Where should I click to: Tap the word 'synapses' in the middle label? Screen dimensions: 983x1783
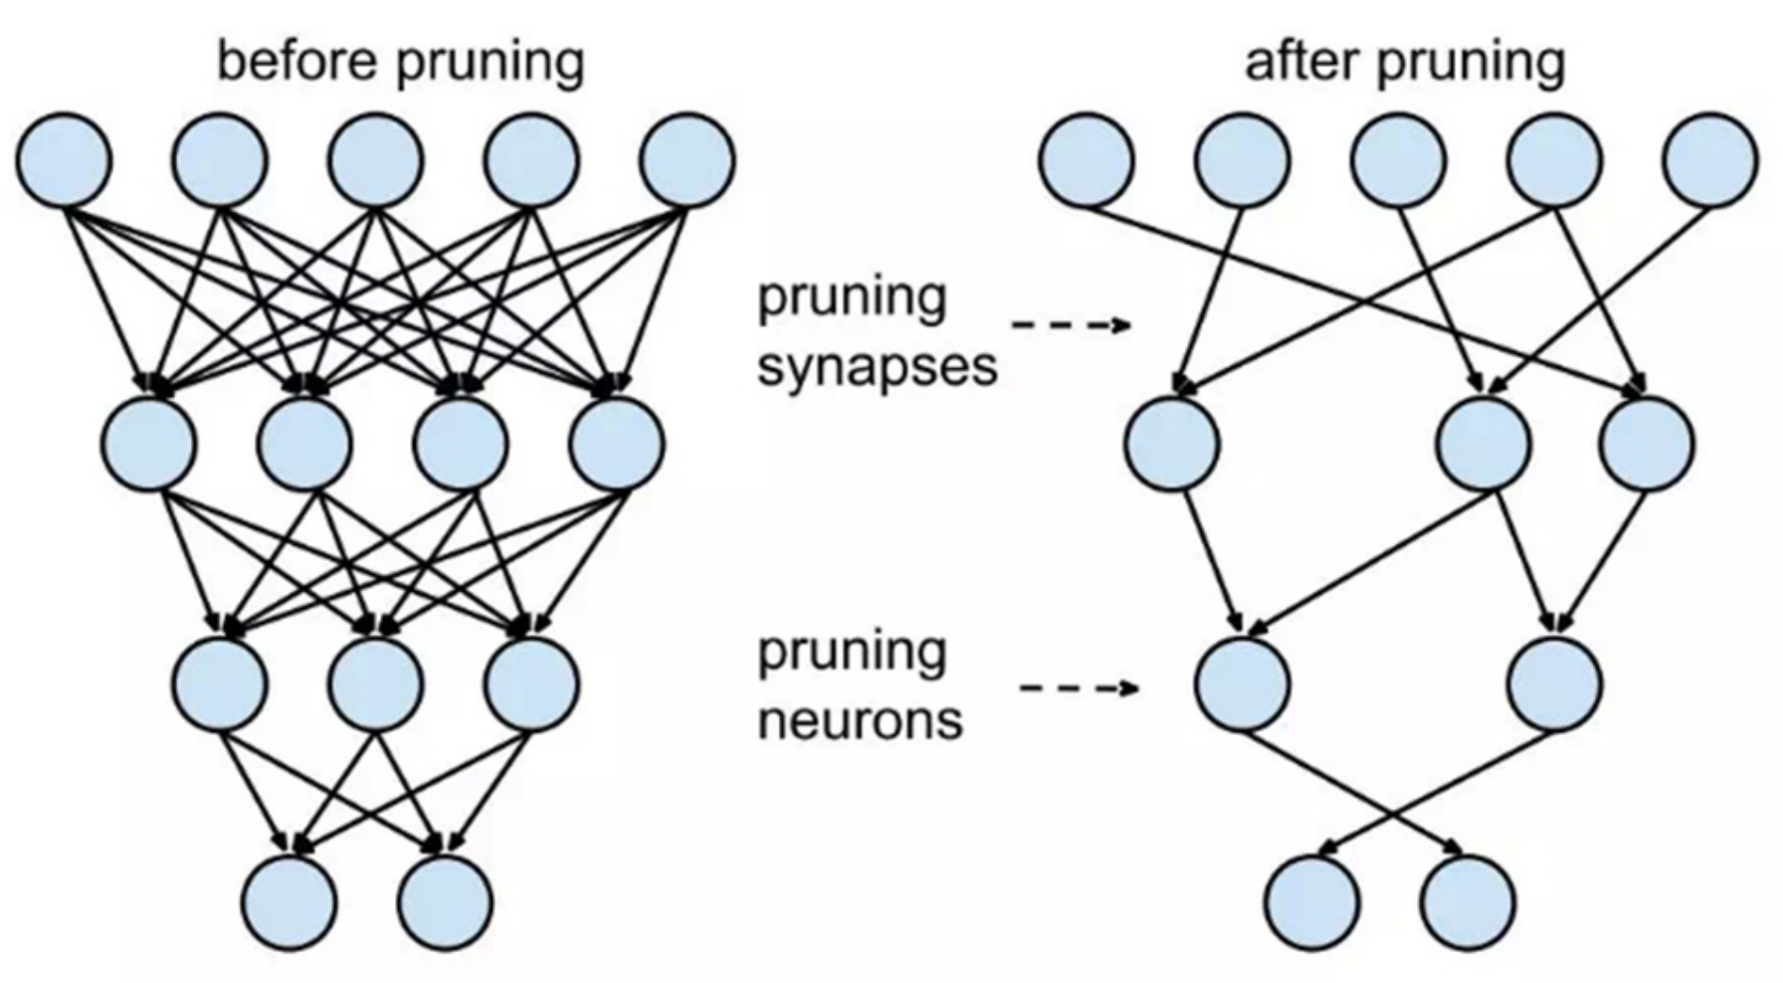point(877,367)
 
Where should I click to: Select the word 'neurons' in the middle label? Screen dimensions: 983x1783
point(860,719)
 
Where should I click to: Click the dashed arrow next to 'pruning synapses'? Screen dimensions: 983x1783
point(1072,324)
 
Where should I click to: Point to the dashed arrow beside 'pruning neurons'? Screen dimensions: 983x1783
point(1080,688)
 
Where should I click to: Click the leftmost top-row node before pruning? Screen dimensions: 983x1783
point(64,160)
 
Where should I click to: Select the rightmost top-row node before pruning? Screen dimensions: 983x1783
point(688,160)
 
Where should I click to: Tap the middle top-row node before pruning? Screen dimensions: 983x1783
point(376,160)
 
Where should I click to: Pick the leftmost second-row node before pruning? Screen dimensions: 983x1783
point(148,443)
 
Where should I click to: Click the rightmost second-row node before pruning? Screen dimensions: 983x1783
point(617,443)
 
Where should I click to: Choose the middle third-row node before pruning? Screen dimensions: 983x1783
point(376,685)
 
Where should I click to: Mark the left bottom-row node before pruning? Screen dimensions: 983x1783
point(291,901)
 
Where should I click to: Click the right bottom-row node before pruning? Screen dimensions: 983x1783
point(445,901)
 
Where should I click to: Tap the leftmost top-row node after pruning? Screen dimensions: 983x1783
point(1087,160)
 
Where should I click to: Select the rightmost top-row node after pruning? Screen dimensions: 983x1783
point(1710,160)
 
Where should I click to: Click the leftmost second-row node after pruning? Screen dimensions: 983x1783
point(1172,443)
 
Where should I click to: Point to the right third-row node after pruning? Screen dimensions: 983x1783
point(1555,685)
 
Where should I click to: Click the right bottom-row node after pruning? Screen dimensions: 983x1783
point(1469,901)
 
